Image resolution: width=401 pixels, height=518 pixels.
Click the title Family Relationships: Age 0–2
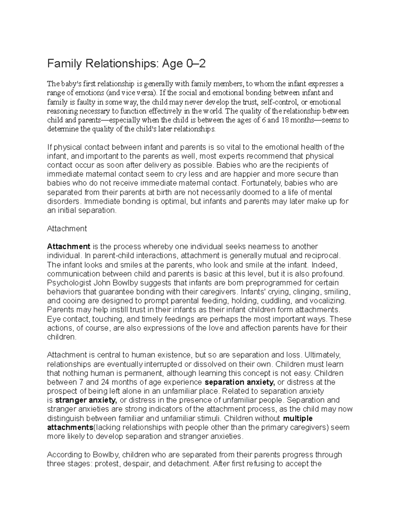click(x=126, y=63)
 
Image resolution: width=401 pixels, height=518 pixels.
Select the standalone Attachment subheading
click(x=67, y=228)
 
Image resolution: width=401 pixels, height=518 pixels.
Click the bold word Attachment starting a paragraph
click(x=69, y=246)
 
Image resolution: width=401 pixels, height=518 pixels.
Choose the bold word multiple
click(x=297, y=418)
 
